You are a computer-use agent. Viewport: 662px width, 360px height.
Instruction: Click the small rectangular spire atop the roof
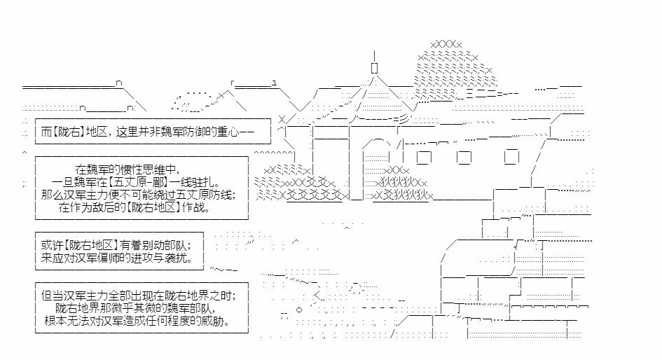point(375,68)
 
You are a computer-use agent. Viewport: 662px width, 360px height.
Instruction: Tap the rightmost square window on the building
point(513,155)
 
